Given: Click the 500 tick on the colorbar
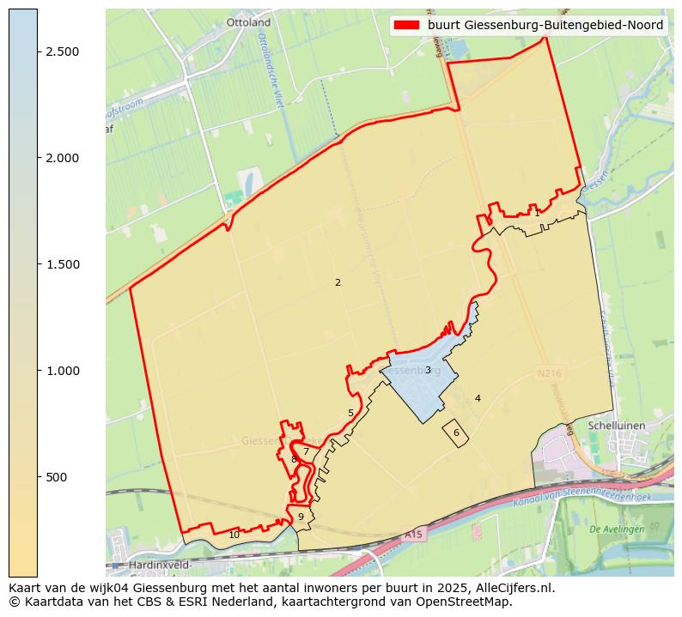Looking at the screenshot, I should pos(57,477).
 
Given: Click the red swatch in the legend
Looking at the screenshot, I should pos(406,26).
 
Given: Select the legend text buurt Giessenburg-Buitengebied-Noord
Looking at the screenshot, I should pos(545,26).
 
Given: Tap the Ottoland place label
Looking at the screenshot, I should pos(248,22).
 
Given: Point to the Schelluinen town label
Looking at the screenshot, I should pos(616,426).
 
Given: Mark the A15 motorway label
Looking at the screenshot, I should pos(414,535).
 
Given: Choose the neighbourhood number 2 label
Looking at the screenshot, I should pos(338,282).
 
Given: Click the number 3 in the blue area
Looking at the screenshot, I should pos(428,370).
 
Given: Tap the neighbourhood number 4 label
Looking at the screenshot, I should pos(478,398).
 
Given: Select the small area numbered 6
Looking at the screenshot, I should pos(456,433).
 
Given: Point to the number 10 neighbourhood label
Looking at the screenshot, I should pos(234,535).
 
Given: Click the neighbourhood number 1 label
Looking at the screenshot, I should pos(538,214).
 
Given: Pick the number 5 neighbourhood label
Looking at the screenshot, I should pos(350,413).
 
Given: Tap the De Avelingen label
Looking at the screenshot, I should pos(616,529).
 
